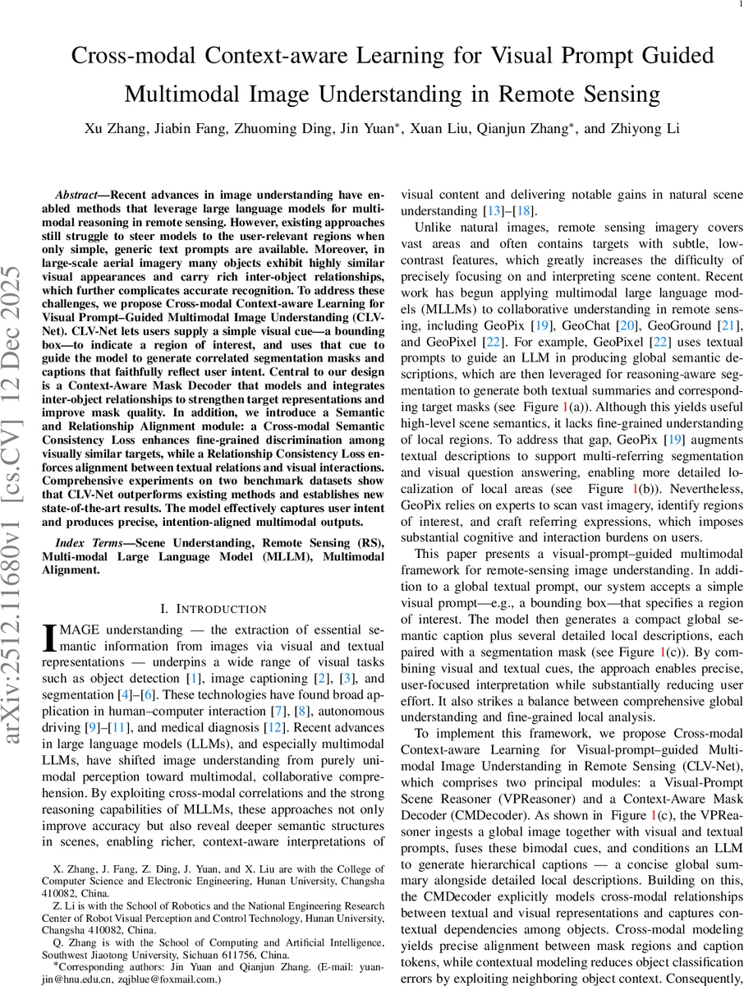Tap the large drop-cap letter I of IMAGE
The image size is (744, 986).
pos(49,638)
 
